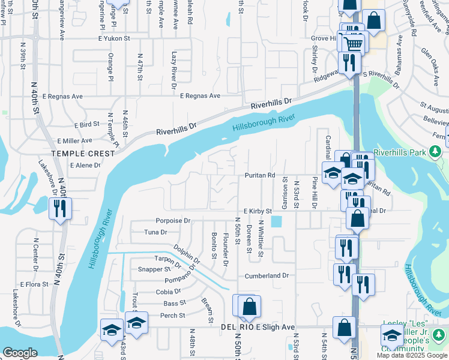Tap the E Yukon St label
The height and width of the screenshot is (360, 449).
(113, 38)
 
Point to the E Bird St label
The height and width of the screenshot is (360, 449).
(86, 125)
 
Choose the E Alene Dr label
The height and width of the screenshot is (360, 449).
(85, 165)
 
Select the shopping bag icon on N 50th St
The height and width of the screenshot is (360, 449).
(249, 307)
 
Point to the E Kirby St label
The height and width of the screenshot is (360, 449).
(258, 211)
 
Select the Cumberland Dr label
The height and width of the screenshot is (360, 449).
(267, 275)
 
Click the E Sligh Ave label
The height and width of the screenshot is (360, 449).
(276, 327)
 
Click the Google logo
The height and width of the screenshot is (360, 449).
(20, 353)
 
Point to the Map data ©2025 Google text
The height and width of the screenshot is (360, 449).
(412, 355)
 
